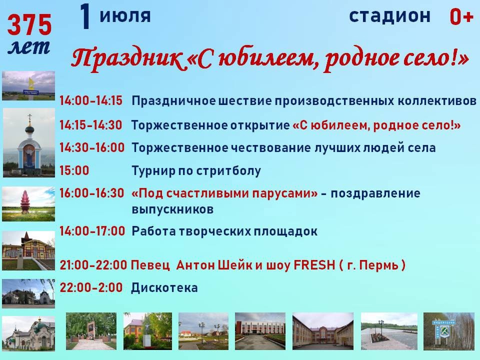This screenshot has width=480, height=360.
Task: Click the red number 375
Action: click(29, 25)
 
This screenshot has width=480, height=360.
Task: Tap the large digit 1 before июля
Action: click(85, 16)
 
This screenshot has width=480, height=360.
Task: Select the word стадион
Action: click(389, 16)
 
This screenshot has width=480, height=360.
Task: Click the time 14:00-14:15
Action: click(91, 100)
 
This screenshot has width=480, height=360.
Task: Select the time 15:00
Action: click(74, 170)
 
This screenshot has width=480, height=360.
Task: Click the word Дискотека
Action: click(164, 288)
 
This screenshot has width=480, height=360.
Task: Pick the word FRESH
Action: click(314, 265)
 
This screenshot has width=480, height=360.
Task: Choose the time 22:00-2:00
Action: click(91, 288)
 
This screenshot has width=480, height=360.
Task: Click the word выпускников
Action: click(172, 209)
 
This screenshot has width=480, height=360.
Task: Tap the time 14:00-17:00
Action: click(92, 231)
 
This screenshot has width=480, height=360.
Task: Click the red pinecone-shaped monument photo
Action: click(25, 201)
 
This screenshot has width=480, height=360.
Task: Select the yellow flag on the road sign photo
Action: click(31, 83)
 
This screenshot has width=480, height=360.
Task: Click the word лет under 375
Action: click(29, 47)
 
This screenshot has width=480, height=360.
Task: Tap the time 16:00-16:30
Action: click(92, 193)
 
